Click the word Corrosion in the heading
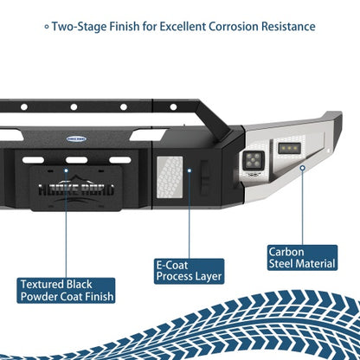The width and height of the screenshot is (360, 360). click(234, 27)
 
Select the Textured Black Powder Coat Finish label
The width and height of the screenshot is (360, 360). click(66, 291)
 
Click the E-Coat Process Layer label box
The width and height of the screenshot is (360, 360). click(189, 272)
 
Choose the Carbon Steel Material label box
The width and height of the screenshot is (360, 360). click(302, 258)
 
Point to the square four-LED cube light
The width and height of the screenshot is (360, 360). click(254, 160)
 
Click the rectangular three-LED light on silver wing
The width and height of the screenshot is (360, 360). click(290, 148)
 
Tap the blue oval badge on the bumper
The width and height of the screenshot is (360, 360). click(76, 139)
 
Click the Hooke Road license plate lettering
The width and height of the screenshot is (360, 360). click(76, 190)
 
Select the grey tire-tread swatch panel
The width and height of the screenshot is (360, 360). click(170, 177)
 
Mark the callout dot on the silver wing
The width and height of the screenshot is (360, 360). click(302, 168)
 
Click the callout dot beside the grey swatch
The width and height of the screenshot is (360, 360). click(190, 170)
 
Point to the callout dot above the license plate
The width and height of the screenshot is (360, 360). click(66, 170)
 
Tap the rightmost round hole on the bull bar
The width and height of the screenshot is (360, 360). click(173, 107)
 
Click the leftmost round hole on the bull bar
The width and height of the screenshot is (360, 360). click(24, 107)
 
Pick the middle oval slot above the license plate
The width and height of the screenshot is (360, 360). click(76, 160)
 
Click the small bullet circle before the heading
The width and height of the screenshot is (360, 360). click(47, 27)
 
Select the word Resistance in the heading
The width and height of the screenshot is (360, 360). click(288, 27)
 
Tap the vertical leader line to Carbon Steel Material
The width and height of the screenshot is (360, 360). click(302, 208)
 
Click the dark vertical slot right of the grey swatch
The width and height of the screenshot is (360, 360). click(204, 177)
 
